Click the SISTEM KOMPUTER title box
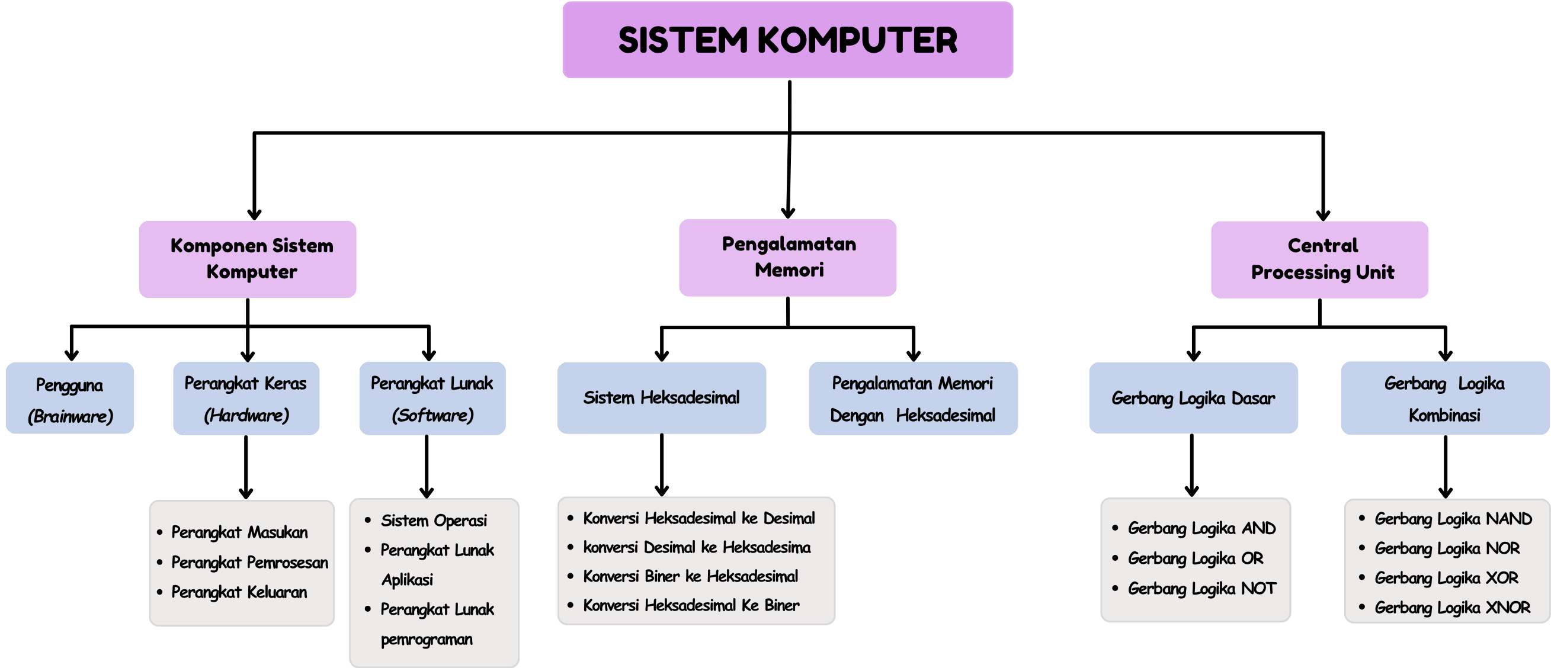787,40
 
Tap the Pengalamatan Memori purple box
787,257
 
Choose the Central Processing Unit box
1320,259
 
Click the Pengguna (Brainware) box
70,399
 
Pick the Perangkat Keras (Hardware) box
246,399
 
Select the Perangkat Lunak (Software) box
432,399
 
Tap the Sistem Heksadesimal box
661,398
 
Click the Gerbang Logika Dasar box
1193,398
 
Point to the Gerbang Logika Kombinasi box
1444,399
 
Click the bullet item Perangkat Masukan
239,532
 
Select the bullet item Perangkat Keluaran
239,592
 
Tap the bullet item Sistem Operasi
434,521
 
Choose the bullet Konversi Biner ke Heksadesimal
691,577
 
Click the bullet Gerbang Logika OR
1196,558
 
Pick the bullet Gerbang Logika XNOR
1452,608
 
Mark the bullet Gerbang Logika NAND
1453,519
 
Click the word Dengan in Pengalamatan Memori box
857,416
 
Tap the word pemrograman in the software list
427,639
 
